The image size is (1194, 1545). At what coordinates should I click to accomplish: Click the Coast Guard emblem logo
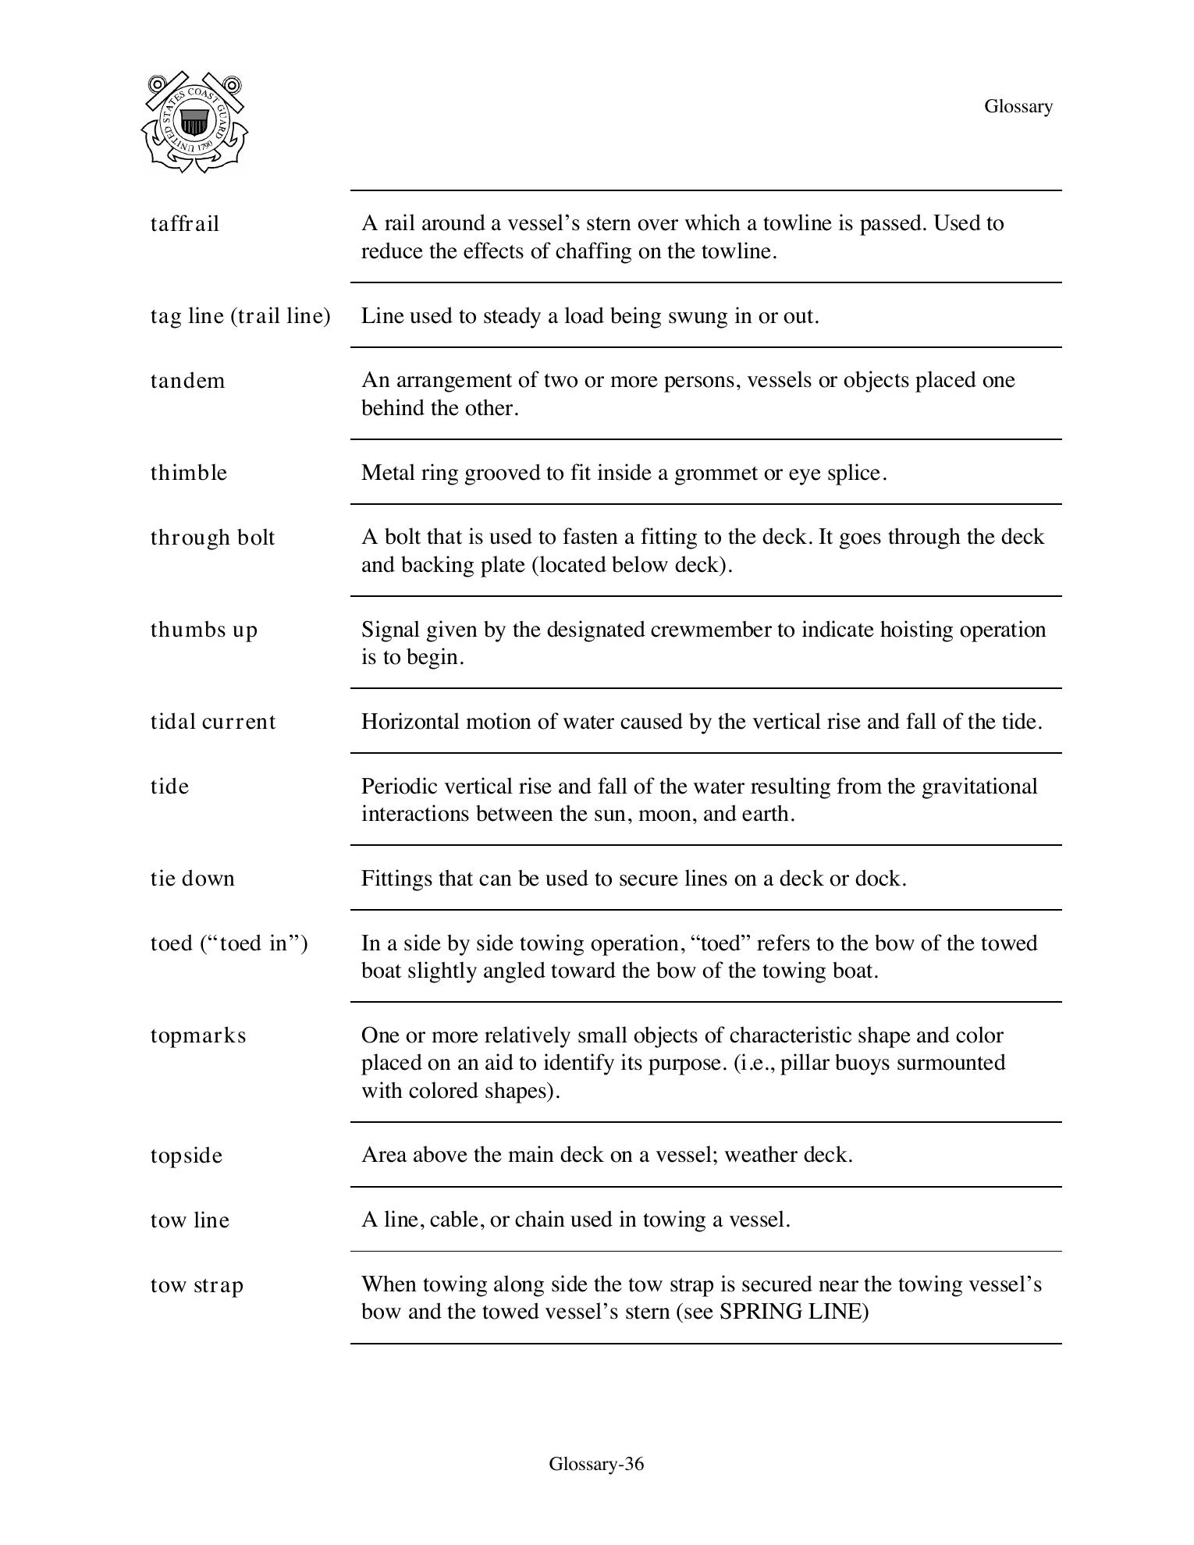coord(194,122)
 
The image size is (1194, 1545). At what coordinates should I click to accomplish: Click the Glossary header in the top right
coord(1018,106)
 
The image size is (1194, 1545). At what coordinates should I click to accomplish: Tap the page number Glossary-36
coord(596,1464)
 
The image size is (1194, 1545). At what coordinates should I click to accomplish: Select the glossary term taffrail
coord(185,224)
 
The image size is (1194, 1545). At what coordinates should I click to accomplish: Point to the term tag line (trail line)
coord(240,316)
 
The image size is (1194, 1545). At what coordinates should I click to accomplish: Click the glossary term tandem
coord(187,381)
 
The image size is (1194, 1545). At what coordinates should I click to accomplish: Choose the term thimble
coord(189,473)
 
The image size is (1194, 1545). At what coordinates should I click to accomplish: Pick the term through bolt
coord(212,538)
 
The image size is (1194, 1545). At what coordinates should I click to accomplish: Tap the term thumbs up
coord(204,630)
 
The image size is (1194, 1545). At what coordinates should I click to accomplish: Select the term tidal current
coord(213,722)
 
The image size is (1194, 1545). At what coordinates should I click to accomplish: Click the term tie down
coord(192,879)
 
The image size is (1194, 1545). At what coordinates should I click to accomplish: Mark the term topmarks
coord(198,1035)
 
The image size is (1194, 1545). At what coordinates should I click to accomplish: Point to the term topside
coord(187,1156)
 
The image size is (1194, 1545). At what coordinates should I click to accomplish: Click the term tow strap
coord(197,1285)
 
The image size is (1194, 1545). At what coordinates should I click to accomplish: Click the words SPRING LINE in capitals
coord(793,1312)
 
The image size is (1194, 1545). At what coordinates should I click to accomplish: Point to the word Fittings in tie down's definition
coord(396,879)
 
